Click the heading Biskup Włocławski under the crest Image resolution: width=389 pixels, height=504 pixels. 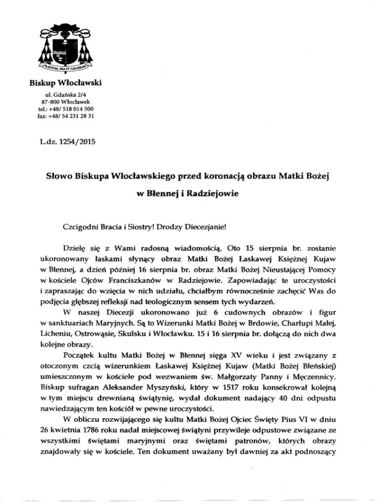[60, 83]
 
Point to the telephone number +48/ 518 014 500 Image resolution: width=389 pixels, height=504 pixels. [66, 110]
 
